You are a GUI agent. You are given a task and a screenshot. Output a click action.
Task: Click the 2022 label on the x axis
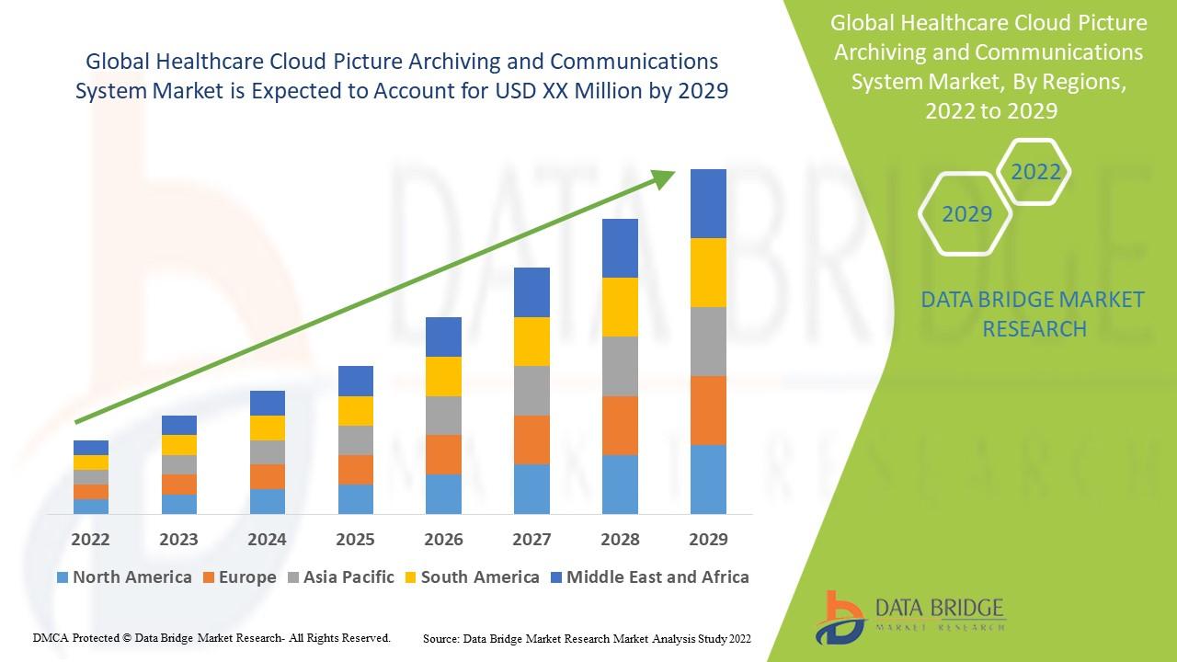coord(90,539)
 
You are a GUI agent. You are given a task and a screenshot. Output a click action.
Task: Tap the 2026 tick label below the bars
coord(443,539)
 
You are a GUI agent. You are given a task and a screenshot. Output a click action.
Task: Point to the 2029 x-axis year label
coord(708,539)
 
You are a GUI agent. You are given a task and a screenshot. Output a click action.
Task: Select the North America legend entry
coord(124,577)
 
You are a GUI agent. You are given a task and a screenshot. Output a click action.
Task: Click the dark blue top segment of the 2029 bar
coord(708,203)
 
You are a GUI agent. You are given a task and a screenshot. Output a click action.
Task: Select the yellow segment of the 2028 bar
coord(620,307)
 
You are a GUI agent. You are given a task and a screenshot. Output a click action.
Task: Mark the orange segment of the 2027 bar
coord(531,439)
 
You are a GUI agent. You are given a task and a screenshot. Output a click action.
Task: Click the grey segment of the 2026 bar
coord(443,416)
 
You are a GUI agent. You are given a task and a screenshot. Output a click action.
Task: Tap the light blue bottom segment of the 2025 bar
coord(355,498)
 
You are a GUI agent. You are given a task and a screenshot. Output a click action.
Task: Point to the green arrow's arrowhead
coord(664,178)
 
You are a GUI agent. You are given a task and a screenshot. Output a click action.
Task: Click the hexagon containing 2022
coord(1035,172)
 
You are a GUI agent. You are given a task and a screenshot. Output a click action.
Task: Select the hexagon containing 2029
coord(966,214)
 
